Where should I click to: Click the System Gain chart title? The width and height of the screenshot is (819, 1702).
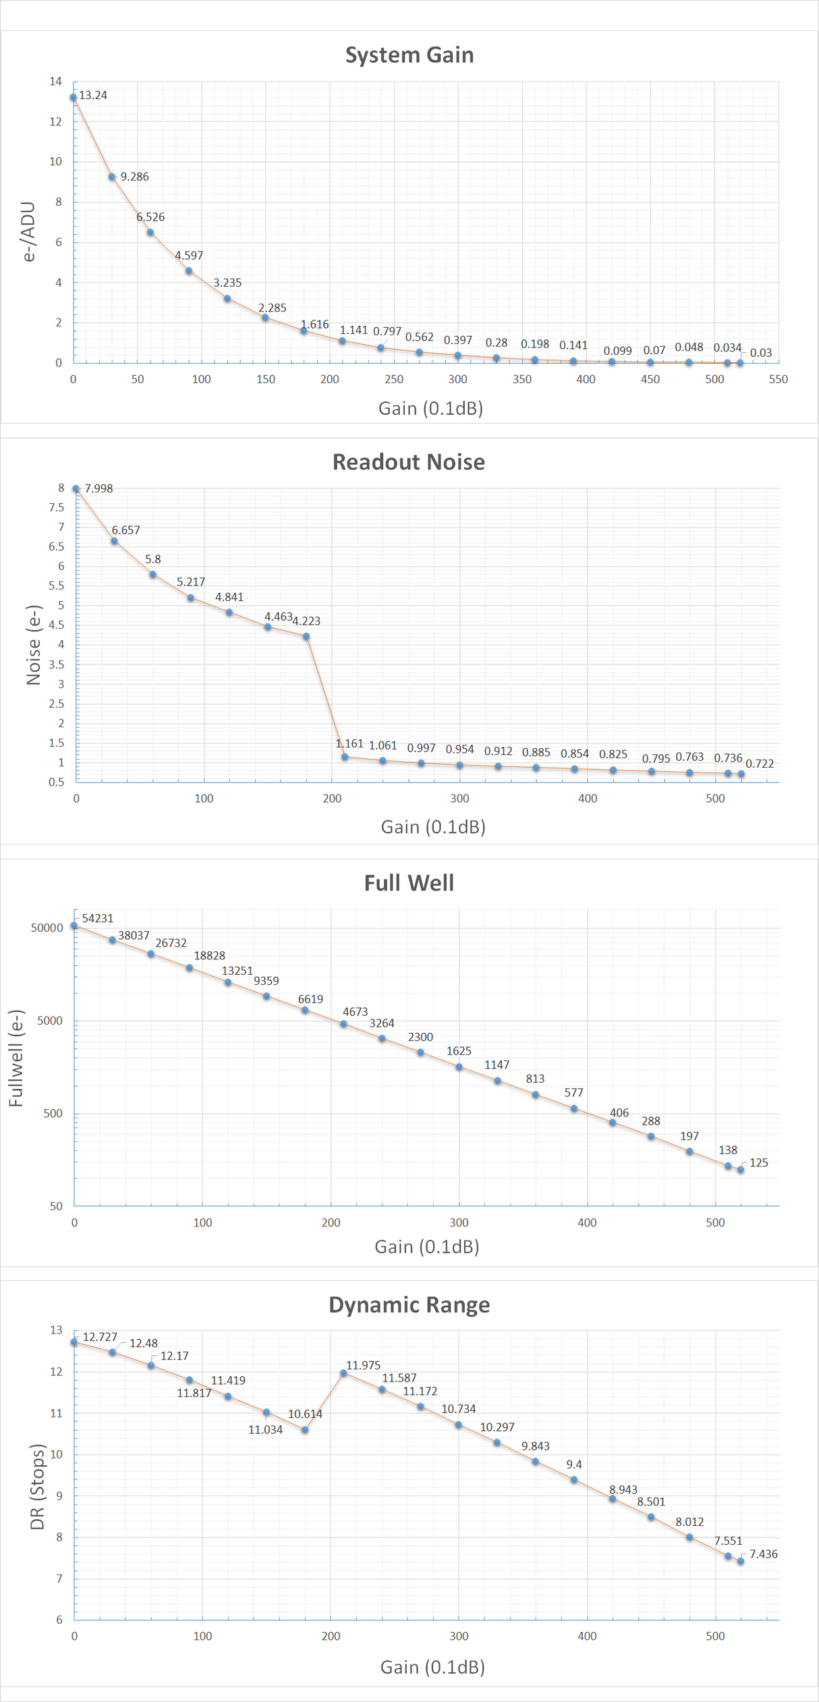coord(409,55)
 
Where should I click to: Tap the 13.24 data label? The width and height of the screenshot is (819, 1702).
coord(93,95)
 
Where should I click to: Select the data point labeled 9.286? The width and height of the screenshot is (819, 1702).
coord(112,177)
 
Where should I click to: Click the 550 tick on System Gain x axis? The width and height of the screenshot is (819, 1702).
coord(778,379)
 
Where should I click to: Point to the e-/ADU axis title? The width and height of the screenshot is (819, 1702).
coord(28,231)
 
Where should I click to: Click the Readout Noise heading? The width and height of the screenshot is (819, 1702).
coord(409,462)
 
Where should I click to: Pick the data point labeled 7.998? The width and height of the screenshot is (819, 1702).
coord(76,488)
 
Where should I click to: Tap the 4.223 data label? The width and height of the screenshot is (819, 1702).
coord(306,621)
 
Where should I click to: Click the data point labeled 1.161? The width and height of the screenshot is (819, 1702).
coord(345,757)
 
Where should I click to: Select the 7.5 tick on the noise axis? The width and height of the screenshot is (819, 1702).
coord(57,507)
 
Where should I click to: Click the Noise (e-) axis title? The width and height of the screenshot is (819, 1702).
coord(34,645)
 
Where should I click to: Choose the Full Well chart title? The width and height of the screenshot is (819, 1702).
coord(409,883)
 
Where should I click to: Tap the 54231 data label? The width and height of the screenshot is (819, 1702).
coord(98,919)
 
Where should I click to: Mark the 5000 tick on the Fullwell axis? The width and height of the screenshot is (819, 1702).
coord(50,1021)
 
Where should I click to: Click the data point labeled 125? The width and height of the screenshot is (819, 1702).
coord(741,1170)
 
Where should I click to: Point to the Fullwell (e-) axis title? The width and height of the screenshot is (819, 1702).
coord(16,1058)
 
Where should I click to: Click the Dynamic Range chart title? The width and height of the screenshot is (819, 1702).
coord(409,1305)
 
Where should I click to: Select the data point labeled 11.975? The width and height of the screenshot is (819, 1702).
coord(343,1373)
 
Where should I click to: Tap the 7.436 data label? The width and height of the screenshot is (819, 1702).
coord(764,1554)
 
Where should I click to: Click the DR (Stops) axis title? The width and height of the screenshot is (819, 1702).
coord(37,1487)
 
